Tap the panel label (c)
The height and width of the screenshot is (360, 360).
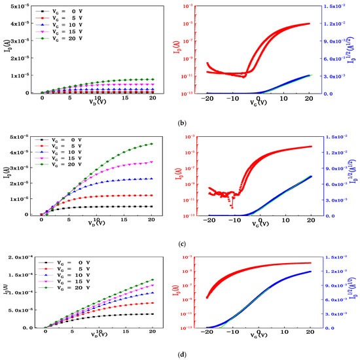click(x=181, y=244)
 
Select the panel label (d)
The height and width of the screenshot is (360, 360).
click(x=181, y=355)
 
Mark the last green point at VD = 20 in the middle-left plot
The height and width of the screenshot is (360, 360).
click(x=153, y=144)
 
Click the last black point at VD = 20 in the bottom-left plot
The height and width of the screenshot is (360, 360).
click(x=153, y=314)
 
